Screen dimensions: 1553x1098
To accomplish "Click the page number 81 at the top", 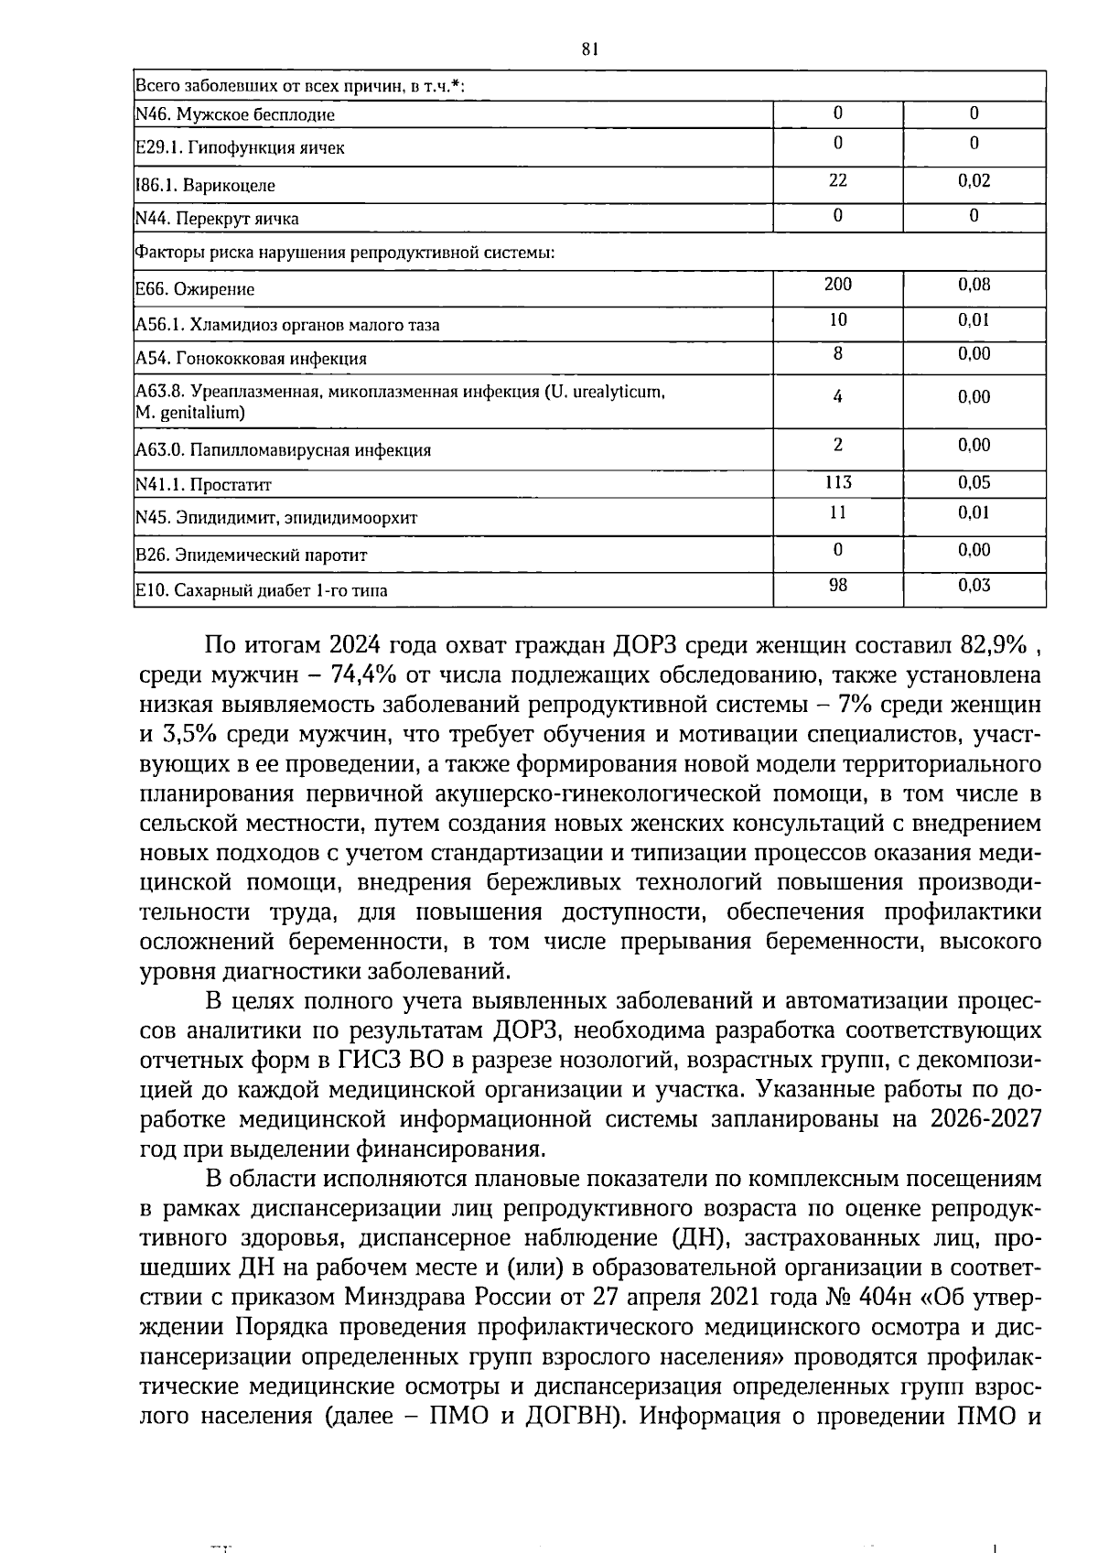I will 589,50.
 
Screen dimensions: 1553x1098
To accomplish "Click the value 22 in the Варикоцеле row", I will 837,181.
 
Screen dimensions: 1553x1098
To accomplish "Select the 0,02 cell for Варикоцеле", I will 974,181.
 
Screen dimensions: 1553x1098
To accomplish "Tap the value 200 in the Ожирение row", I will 837,285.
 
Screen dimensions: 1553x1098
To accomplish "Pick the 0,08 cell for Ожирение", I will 974,285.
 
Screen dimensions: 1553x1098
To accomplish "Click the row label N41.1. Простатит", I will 203,485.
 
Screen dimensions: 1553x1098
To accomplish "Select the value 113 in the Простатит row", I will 837,482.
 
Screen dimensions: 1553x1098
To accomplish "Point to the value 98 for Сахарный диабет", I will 837,586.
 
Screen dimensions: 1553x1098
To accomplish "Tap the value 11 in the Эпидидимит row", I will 837,512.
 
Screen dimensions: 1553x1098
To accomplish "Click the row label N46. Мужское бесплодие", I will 235,115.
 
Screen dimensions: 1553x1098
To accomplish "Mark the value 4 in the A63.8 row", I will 837,397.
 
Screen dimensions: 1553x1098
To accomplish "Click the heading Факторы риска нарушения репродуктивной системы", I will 345,252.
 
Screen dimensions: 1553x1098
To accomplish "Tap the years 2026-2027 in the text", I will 985,1120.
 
